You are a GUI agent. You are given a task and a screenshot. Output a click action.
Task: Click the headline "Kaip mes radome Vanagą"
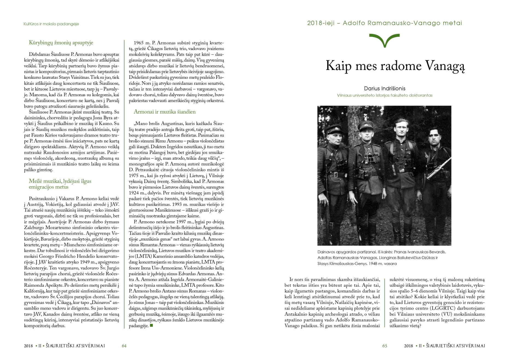click(x=395, y=66)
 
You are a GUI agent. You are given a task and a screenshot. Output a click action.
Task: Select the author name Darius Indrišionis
click(x=385, y=88)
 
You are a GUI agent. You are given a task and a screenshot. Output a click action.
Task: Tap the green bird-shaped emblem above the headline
click(x=385, y=40)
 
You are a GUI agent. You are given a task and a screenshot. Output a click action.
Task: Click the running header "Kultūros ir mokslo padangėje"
click(x=51, y=24)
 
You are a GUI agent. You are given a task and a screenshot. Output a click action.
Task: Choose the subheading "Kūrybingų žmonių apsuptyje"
click(x=61, y=43)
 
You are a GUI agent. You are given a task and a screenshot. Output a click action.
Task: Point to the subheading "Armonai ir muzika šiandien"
click(x=165, y=112)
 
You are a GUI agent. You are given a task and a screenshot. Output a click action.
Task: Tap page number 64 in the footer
click(x=124, y=346)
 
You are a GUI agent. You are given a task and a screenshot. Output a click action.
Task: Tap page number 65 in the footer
click(x=385, y=346)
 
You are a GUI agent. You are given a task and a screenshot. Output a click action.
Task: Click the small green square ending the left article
click(x=151, y=326)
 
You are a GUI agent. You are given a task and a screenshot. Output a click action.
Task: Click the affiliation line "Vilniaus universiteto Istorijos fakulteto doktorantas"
click(x=385, y=95)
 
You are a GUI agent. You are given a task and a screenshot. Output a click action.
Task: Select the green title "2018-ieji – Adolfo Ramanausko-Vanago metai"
click(x=385, y=23)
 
